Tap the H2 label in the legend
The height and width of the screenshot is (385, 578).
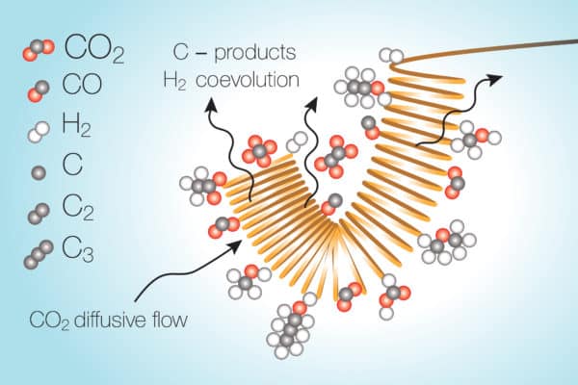75,127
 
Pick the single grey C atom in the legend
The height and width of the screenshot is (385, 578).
39,172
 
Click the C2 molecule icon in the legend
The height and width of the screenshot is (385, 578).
38,214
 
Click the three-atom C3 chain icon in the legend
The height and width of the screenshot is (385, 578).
39,254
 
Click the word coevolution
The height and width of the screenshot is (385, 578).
248,80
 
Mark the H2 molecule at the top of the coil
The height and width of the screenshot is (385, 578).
391,56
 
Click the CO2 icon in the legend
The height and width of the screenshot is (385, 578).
39,50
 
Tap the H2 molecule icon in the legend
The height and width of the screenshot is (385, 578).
39,132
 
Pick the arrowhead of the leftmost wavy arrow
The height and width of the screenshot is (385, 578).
211,105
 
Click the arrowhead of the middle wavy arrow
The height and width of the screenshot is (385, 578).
312,105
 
